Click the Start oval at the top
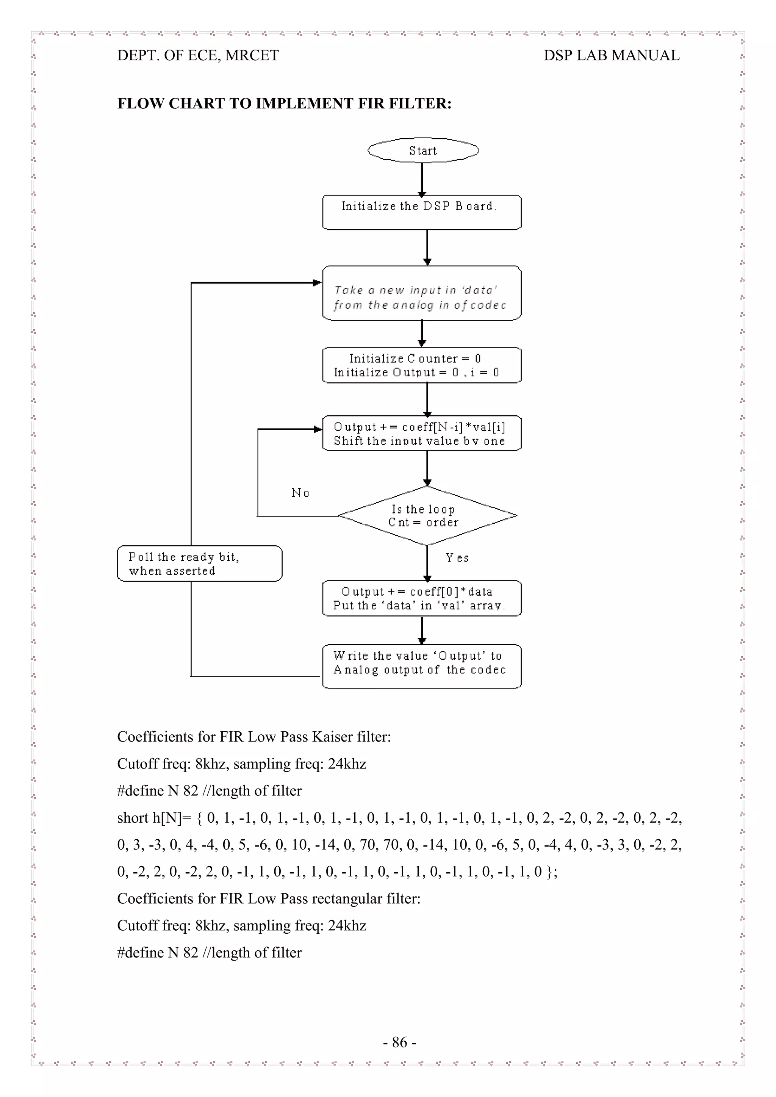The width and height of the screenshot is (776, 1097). click(x=423, y=150)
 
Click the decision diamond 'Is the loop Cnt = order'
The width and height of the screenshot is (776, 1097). click(x=427, y=516)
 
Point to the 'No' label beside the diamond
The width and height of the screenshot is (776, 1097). click(x=300, y=493)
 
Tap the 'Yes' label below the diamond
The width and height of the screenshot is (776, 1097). click(x=457, y=557)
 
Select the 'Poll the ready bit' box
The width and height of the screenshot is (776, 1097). click(x=199, y=564)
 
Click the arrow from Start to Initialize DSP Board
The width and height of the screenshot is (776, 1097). click(x=422, y=179)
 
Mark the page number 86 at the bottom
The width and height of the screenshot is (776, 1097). click(x=399, y=1042)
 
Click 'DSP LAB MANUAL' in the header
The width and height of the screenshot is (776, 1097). click(x=611, y=55)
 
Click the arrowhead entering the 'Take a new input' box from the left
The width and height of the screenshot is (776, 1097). click(x=317, y=283)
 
